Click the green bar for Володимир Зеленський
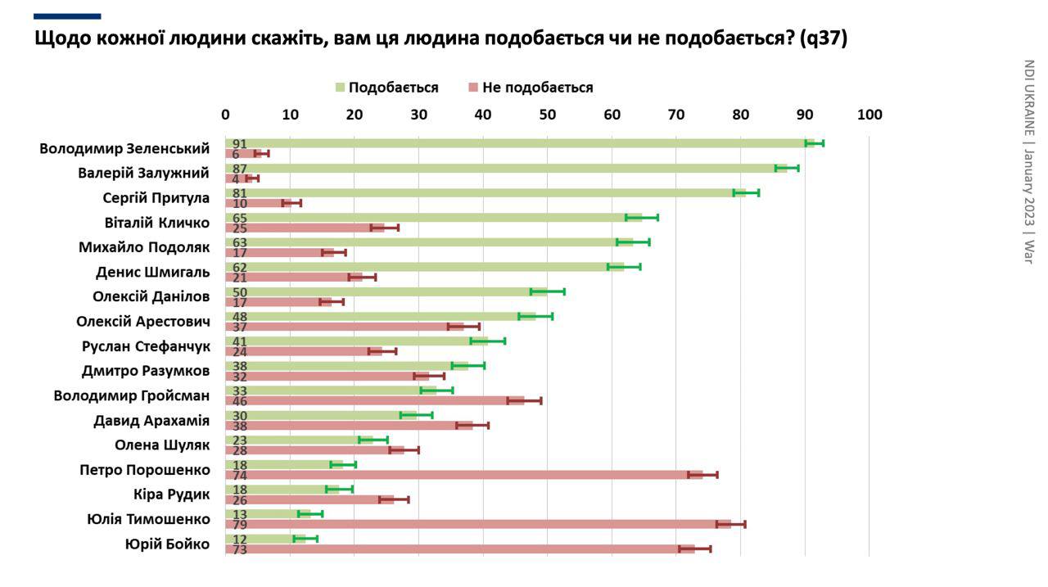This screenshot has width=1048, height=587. [516, 143]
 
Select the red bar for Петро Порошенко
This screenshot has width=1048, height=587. [464, 475]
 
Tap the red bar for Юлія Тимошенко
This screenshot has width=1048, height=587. [479, 524]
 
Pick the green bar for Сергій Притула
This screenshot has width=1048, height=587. [483, 193]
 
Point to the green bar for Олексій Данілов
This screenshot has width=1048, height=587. [385, 291]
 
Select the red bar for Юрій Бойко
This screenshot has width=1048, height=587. [460, 549]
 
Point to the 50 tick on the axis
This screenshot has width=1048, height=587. [548, 115]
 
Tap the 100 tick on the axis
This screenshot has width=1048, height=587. [869, 115]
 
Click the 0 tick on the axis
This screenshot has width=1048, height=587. [226, 115]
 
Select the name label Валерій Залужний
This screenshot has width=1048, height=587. [143, 174]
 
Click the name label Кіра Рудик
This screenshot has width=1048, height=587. [171, 494]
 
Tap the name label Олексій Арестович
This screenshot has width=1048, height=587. [142, 322]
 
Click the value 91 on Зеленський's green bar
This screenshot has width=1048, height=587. [240, 144]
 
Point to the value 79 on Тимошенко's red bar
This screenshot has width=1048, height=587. [240, 525]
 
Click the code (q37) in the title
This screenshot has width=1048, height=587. [823, 38]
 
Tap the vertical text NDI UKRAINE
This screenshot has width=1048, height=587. [1028, 98]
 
